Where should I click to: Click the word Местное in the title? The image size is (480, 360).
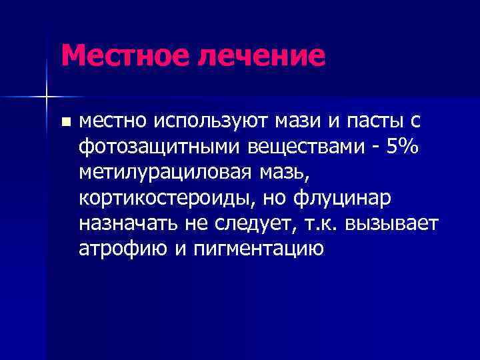(123, 55)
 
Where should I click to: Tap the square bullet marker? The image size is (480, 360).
(65, 122)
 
